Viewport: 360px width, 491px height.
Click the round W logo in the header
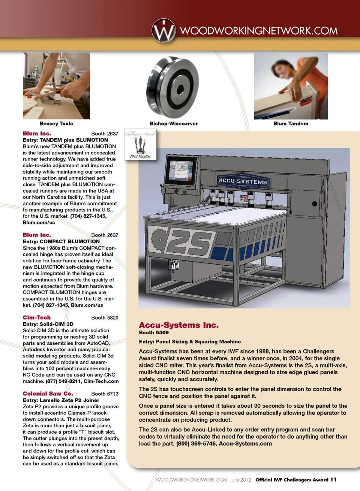(x=163, y=30)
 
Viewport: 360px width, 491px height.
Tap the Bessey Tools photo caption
(x=56, y=124)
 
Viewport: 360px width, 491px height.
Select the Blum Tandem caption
(x=291, y=124)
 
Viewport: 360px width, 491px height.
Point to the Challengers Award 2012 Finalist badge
(x=140, y=144)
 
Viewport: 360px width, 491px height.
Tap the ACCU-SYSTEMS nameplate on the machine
(x=243, y=181)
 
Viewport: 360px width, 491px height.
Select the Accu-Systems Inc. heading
(x=178, y=325)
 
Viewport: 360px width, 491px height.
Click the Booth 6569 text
(x=154, y=332)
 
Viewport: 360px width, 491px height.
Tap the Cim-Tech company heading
(x=37, y=317)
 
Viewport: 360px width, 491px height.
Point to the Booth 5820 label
(x=105, y=317)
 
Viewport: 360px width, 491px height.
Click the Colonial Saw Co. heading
(x=48, y=394)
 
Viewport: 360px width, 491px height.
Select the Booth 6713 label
(x=105, y=394)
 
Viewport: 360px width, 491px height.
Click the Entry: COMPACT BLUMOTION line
(x=61, y=241)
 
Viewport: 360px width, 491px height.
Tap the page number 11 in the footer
(x=333, y=480)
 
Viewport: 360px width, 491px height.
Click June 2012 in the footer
(x=241, y=480)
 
